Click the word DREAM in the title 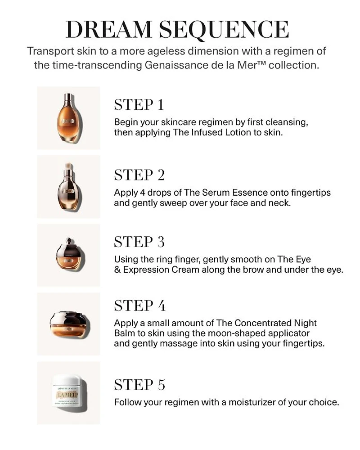pos(108,29)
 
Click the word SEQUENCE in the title pos(224,30)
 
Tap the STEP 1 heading pos(139,104)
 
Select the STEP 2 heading pos(139,175)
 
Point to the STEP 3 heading pos(139,242)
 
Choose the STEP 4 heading pos(140,306)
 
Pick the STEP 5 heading pos(139,385)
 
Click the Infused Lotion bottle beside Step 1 pos(69,118)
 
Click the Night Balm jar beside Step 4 pos(69,324)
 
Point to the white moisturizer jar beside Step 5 pos(69,392)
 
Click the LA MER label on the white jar pos(66,395)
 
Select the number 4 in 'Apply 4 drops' pos(143,193)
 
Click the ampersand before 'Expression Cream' pos(117,270)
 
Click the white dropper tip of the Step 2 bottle pos(69,166)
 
